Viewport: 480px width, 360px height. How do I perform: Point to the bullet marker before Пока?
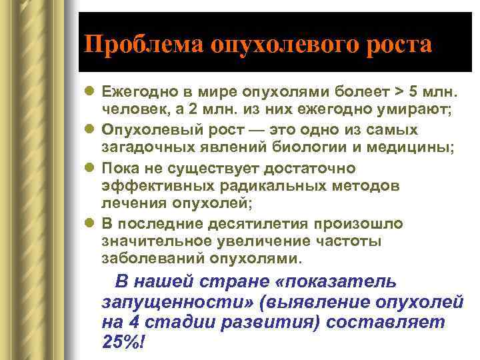[90, 168]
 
